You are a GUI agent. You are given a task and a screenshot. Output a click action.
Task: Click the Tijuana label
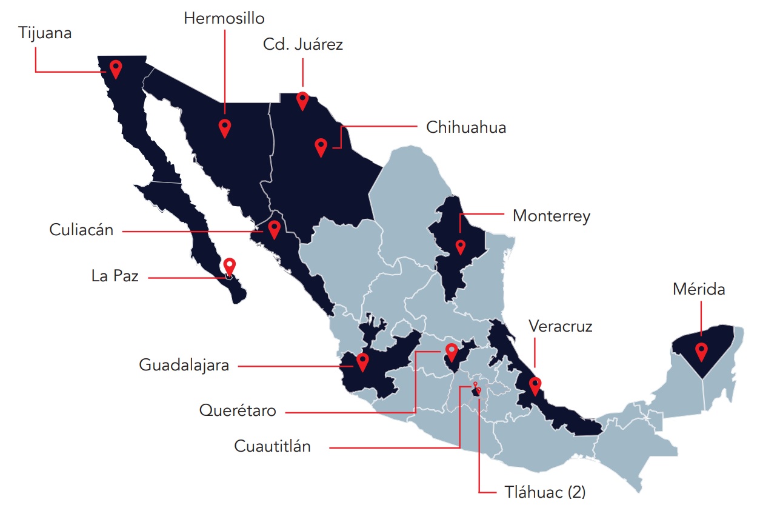[45, 33]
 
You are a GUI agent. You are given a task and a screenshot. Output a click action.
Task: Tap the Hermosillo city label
[224, 18]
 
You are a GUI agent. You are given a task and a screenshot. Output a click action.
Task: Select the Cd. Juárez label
[302, 44]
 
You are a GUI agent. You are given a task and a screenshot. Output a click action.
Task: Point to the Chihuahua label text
[465, 128]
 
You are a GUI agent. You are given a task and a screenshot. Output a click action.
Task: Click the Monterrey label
[551, 216]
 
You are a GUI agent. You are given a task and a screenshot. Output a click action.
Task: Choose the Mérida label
[699, 289]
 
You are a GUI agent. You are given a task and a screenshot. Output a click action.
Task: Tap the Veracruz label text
[560, 327]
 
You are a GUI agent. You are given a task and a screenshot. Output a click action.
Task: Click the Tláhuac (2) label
[545, 492]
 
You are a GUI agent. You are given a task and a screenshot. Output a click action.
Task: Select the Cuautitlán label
[272, 447]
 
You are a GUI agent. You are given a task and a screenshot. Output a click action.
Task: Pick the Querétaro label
[238, 410]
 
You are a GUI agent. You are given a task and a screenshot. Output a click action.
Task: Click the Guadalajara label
[184, 365]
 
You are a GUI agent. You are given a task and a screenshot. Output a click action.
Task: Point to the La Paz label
[115, 276]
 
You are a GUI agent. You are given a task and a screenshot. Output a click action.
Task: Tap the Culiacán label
[81, 230]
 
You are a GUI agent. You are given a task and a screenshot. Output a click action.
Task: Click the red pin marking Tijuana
[115, 69]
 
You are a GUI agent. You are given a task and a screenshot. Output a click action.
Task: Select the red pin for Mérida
[701, 351]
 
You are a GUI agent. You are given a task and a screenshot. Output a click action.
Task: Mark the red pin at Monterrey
[460, 247]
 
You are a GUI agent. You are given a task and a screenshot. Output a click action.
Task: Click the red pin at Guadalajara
[362, 361]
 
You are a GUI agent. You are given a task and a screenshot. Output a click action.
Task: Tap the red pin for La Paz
[229, 266]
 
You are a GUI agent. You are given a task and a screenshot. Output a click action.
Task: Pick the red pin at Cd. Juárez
[302, 100]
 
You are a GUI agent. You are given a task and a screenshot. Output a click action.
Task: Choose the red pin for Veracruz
[535, 385]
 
